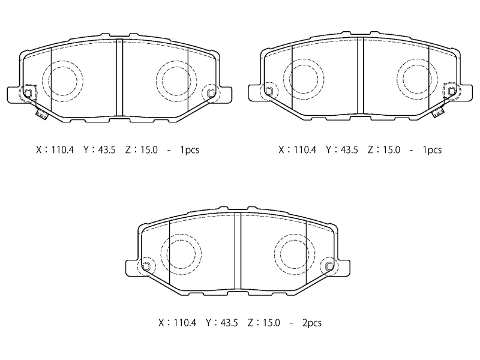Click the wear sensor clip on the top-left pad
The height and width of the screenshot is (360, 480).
click(41, 115)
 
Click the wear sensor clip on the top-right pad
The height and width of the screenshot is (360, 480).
click(438, 112)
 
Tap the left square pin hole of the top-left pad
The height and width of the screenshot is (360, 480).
click(28, 94)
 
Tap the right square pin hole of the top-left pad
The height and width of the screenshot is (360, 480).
click(211, 93)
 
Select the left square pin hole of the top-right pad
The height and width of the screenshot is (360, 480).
click(269, 91)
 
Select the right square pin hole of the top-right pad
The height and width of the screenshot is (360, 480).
click(451, 91)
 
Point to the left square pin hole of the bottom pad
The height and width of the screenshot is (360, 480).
click(146, 266)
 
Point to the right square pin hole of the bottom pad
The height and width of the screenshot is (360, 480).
click(329, 266)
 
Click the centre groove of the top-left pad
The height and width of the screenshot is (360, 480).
click(119, 77)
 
